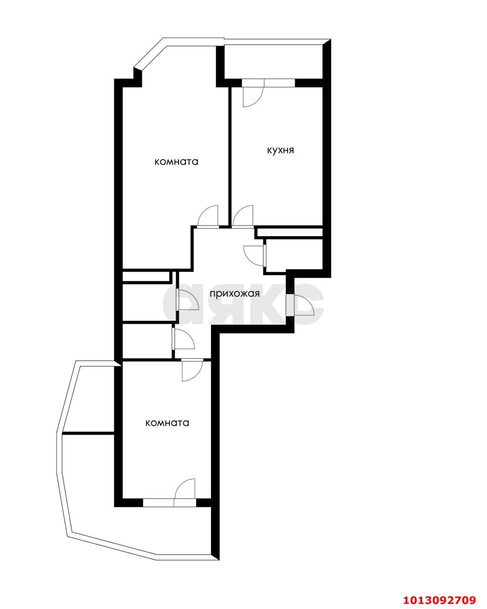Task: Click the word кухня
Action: tap(280, 150)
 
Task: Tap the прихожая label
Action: tap(235, 293)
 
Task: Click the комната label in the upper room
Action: tap(176, 162)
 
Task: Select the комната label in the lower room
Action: tap(167, 422)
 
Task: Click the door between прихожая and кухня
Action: tap(244, 216)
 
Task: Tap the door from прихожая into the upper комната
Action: tap(208, 216)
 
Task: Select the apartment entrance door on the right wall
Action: tap(302, 305)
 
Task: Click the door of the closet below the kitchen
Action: tap(254, 255)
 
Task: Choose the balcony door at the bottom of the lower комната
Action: tap(185, 490)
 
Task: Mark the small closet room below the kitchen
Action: tap(294, 255)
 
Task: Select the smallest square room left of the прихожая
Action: tap(147, 341)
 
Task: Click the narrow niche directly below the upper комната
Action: tap(146, 276)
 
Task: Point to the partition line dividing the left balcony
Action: tap(88, 433)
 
